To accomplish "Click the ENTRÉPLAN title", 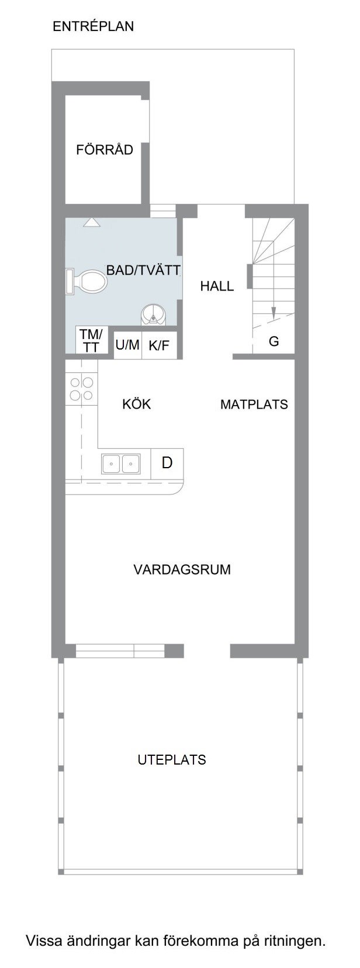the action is point(93,27).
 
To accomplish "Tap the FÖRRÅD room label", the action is point(105,150).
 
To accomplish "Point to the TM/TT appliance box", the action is point(91,340).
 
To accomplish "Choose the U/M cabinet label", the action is point(127,345).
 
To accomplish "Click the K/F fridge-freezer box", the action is point(160,345).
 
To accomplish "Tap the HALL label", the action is point(217,286).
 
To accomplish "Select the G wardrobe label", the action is point(274,341).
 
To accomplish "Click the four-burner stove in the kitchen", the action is point(82,389).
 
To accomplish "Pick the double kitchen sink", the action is point(120,464).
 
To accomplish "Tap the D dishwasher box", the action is point(167,464).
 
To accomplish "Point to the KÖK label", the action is point(137,404).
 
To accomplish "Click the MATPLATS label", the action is point(254,405).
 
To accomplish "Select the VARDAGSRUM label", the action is point(182,569).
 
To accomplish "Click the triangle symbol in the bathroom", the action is point(92,222).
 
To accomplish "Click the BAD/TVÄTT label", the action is point(144,271).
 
